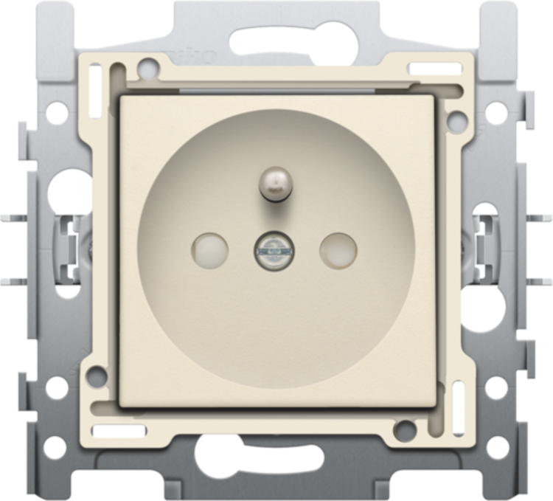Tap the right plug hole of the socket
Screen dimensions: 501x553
click(x=338, y=249)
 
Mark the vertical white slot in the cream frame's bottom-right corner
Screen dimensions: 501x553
click(x=458, y=399)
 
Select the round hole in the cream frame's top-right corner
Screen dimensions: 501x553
click(x=457, y=117)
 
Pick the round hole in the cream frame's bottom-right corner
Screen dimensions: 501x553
click(x=403, y=429)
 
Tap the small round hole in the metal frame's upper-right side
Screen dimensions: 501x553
click(x=497, y=113)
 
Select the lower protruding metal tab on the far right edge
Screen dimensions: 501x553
click(x=542, y=281)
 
